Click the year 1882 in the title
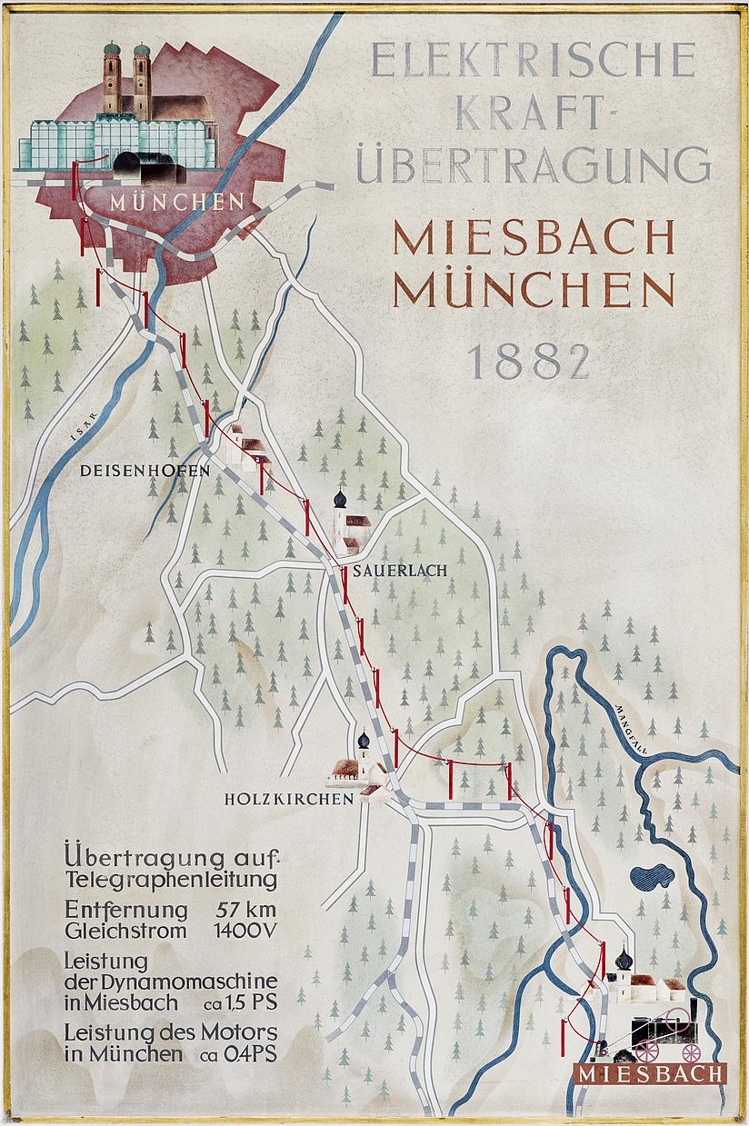coord(528,361)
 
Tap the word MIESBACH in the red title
coord(534,238)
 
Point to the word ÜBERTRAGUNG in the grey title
coord(534,165)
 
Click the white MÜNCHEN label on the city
coord(177,202)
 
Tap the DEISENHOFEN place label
coord(145,471)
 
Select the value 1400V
coord(245,931)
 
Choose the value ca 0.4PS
coord(232,1054)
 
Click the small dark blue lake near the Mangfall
coord(654,876)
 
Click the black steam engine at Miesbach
coord(664,1031)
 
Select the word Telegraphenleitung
coord(171,880)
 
